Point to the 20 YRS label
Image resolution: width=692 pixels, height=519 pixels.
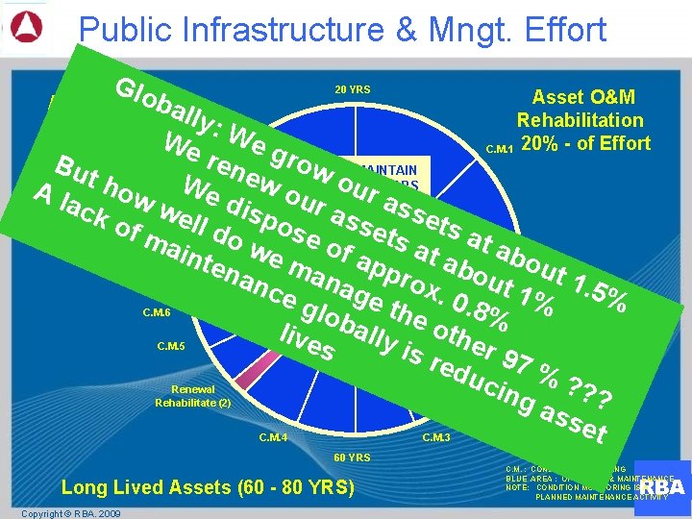click(x=353, y=90)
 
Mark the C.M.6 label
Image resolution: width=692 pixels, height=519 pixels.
click(x=156, y=312)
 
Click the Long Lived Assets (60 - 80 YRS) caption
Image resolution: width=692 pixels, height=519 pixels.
click(x=208, y=488)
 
